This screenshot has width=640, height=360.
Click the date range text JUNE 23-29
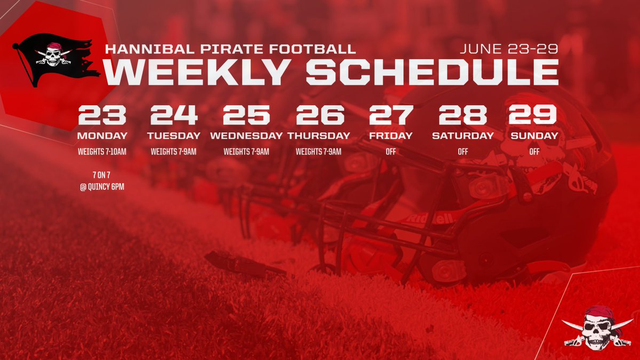click(509, 49)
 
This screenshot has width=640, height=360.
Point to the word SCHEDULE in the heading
click(432, 72)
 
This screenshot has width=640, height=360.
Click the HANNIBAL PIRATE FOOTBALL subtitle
click(230, 49)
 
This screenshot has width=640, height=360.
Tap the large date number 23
click(102, 115)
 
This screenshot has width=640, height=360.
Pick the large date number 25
click(246, 115)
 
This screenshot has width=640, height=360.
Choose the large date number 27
click(391, 115)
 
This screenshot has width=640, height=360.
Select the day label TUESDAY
click(174, 136)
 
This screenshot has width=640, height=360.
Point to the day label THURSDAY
click(319, 136)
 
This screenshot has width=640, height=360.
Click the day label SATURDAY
click(463, 136)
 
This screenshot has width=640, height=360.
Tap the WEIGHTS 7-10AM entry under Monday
click(102, 152)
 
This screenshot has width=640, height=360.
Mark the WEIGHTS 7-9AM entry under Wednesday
click(246, 152)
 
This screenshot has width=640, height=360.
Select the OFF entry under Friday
click(391, 152)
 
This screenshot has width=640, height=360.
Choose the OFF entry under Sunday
click(534, 152)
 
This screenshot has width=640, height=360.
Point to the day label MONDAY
click(102, 136)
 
